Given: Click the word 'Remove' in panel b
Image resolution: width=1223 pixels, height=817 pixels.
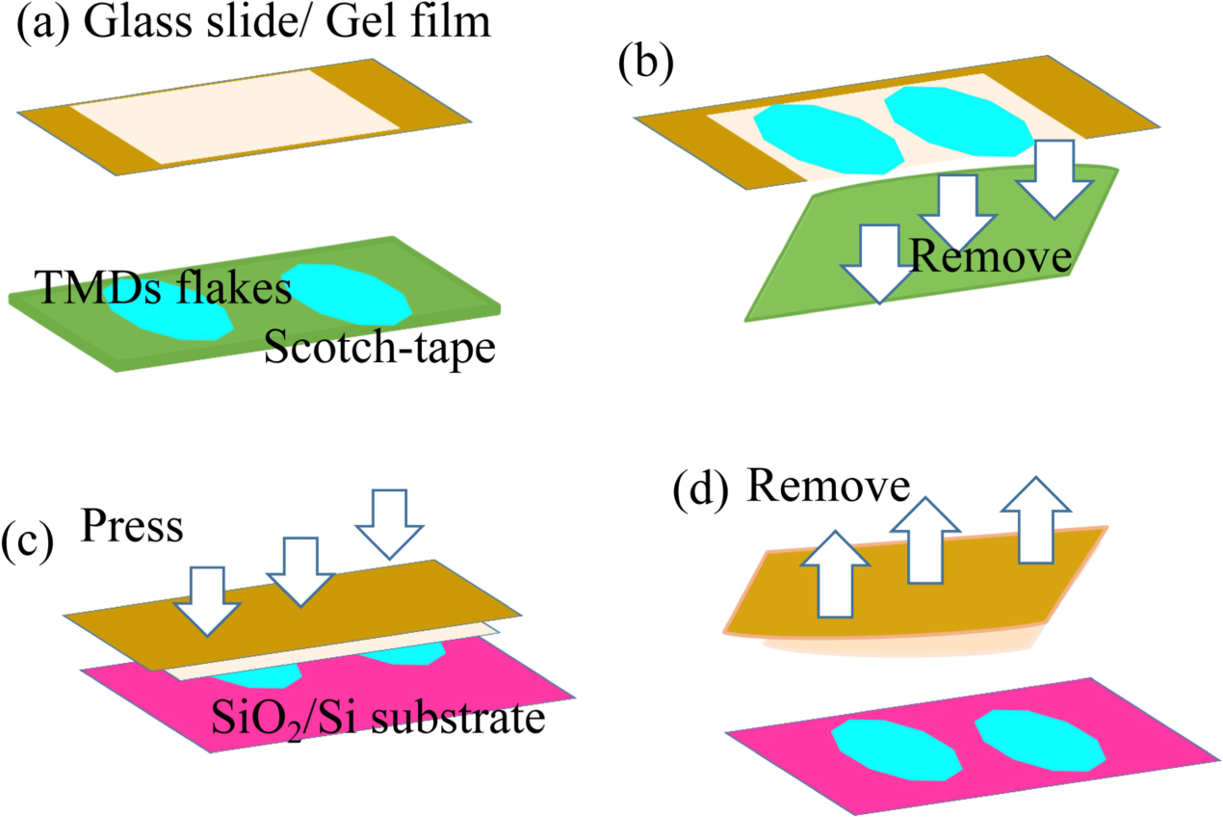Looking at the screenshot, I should [990, 257].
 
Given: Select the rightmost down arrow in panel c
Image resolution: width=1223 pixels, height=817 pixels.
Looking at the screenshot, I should [390, 521].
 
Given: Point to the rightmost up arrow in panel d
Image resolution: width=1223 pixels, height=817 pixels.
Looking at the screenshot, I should [1034, 517].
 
